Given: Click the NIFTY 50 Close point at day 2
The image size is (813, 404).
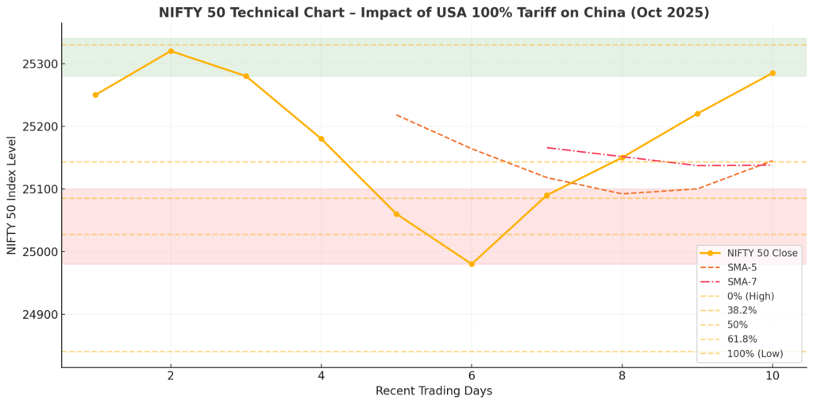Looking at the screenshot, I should pyautogui.click(x=171, y=51).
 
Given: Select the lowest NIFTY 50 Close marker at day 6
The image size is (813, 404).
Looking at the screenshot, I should pyautogui.click(x=472, y=264).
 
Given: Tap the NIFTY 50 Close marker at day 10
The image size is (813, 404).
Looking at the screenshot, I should pyautogui.click(x=773, y=73).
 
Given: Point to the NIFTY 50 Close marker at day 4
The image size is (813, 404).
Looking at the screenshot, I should pyautogui.click(x=321, y=138).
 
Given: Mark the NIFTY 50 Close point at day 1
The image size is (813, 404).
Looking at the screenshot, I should pyautogui.click(x=95, y=95).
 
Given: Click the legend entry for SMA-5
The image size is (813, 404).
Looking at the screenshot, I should pyautogui.click(x=742, y=267).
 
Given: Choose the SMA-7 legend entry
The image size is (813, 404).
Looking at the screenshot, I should pyautogui.click(x=742, y=282).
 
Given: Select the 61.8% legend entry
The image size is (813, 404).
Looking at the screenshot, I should pyautogui.click(x=742, y=339).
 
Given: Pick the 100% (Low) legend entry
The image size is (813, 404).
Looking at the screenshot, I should pyautogui.click(x=750, y=353).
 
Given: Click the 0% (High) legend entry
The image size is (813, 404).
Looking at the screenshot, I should pyautogui.click(x=750, y=296).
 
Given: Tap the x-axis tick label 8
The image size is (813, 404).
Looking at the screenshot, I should pyautogui.click(x=622, y=375).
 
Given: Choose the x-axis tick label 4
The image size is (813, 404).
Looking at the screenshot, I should pyautogui.click(x=321, y=375).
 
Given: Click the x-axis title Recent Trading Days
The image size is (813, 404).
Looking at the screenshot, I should pyautogui.click(x=433, y=390).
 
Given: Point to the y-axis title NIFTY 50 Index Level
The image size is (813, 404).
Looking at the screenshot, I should pyautogui.click(x=12, y=195).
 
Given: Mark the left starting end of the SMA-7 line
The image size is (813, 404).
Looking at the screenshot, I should pyautogui.click(x=547, y=147).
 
